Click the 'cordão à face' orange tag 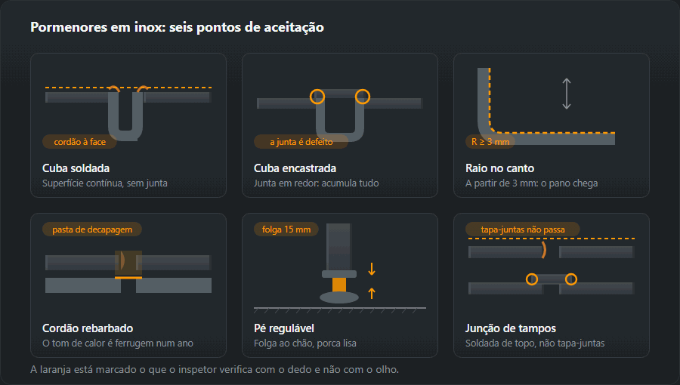click(x=79, y=142)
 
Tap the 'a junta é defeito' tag click(x=301, y=142)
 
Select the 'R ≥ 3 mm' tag click(x=490, y=142)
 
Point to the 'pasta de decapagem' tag click(x=92, y=229)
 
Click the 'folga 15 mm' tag click(x=286, y=229)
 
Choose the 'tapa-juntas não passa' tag click(x=523, y=229)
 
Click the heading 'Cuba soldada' click(x=76, y=168)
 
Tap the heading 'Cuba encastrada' click(x=295, y=168)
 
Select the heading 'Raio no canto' click(x=499, y=168)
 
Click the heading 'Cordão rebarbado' click(x=88, y=328)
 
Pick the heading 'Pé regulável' click(x=284, y=328)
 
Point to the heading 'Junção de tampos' click(x=511, y=328)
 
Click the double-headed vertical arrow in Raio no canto click(x=567, y=94)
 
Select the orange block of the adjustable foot click(x=339, y=285)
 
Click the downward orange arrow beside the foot click(x=372, y=269)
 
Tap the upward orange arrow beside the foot click(x=372, y=293)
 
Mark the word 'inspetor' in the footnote click(x=198, y=369)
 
